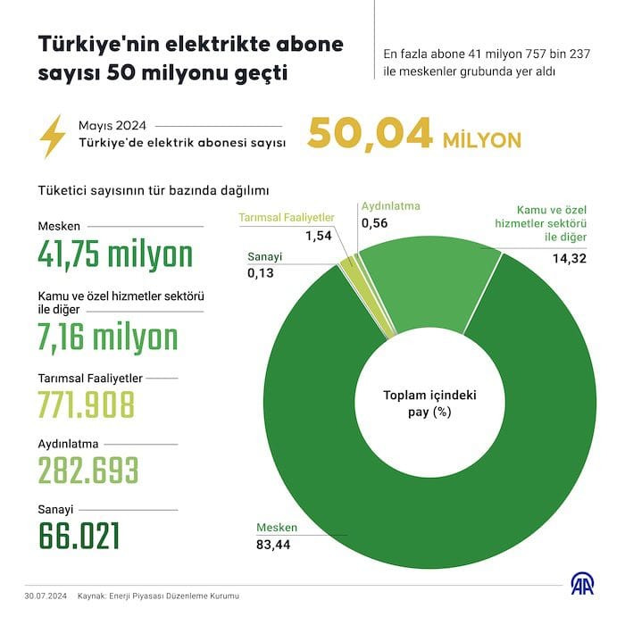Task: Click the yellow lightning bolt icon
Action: [54, 136]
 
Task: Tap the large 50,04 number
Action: [370, 135]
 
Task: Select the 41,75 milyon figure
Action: [115, 254]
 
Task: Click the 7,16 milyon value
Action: [108, 337]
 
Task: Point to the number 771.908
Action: [86, 404]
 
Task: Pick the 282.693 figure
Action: [87, 469]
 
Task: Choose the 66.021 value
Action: [79, 535]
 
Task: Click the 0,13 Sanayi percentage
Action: [261, 274]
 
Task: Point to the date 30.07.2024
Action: [46, 596]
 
